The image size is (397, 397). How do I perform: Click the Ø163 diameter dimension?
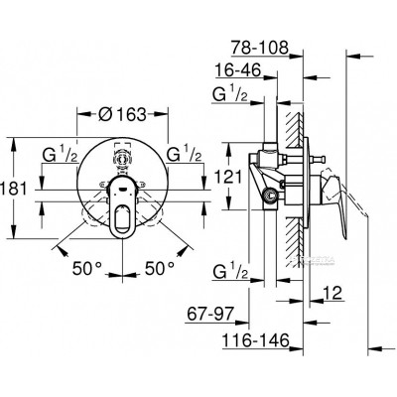tap(122, 114)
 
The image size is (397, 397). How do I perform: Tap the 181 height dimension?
tap(13, 189)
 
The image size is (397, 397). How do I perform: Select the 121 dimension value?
tap(228, 177)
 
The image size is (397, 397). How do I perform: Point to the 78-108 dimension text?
tap(260, 48)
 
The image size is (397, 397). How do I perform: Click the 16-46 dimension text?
tap(238, 70)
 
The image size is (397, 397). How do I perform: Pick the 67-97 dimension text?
tap(210, 314)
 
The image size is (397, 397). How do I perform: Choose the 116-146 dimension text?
tap(255, 340)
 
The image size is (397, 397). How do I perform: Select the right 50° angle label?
tap(160, 268)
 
